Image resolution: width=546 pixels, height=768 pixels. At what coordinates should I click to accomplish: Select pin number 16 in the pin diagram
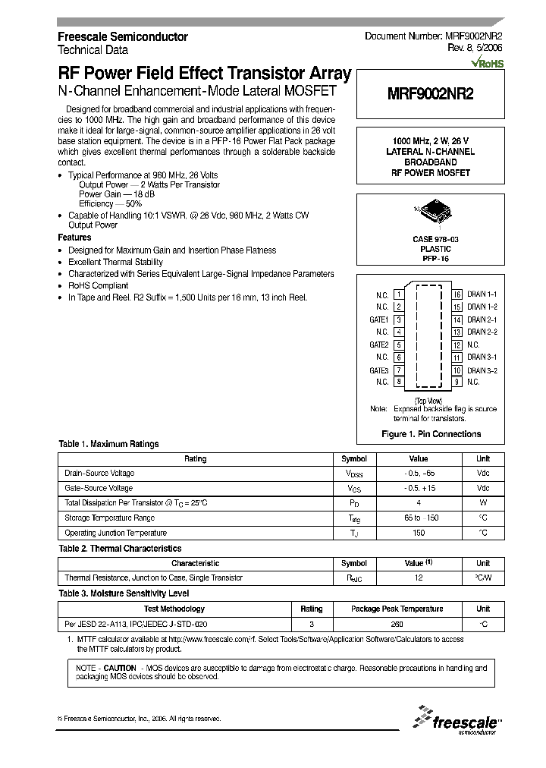click(457, 294)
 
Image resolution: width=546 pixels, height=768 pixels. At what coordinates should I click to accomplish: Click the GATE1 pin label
click(378, 319)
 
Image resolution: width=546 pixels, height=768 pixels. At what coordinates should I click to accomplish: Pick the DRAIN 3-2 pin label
click(482, 370)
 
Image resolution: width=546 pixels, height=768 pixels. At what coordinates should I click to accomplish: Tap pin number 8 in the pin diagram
click(398, 382)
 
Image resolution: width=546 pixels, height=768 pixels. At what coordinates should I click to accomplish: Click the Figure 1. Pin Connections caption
click(430, 434)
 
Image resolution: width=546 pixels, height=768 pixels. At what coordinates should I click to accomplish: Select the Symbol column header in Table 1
click(354, 458)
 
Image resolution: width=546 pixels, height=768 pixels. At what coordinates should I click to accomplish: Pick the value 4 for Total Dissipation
click(419, 503)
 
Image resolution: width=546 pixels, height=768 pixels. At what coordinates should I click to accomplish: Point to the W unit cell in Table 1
click(482, 503)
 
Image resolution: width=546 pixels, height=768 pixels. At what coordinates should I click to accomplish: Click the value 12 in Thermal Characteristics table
click(419, 578)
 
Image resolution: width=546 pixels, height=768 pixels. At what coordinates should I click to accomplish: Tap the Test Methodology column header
click(174, 609)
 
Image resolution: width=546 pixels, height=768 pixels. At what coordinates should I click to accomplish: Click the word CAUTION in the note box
click(120, 668)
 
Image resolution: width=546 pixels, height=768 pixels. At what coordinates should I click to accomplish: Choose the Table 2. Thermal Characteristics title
click(120, 548)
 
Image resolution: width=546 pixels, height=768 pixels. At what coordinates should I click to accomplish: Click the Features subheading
click(74, 238)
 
